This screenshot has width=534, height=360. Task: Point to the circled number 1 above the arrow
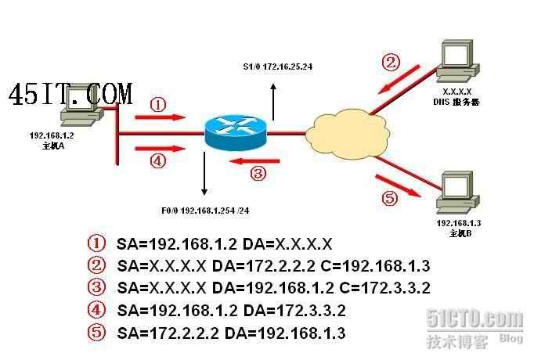coord(157,104)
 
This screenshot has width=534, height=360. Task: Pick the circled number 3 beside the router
coord(258,173)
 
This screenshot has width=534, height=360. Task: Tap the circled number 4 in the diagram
coord(157,161)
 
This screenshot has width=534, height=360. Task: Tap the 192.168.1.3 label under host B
coord(458,224)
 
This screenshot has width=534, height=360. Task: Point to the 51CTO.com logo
coord(474,319)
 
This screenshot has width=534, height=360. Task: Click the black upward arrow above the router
coord(273,100)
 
